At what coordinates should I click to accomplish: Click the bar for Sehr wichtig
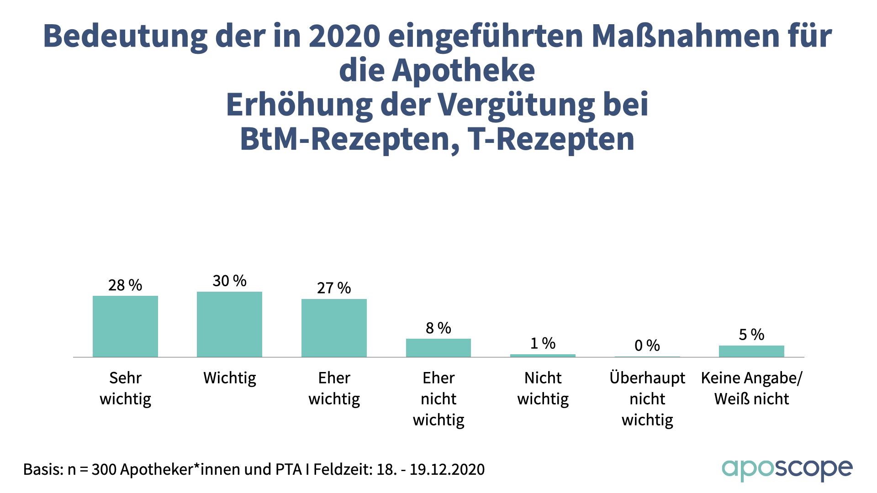click(x=125, y=326)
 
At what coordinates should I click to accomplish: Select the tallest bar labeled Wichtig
click(x=229, y=324)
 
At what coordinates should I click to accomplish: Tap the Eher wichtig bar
click(x=334, y=328)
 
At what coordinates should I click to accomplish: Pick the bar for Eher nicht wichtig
click(x=438, y=347)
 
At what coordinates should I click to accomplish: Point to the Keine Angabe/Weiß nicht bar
click(x=751, y=351)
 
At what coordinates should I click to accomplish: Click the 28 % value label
click(x=125, y=285)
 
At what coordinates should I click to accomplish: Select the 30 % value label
click(x=229, y=281)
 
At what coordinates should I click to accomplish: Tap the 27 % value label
click(x=334, y=288)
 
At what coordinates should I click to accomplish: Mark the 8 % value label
click(x=438, y=328)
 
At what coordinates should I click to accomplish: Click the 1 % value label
click(x=543, y=343)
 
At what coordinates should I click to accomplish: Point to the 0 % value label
click(x=647, y=346)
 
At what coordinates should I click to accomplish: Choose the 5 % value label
click(x=751, y=335)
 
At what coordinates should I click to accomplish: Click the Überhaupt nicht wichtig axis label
click(x=647, y=399)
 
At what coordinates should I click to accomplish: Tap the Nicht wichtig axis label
click(x=543, y=388)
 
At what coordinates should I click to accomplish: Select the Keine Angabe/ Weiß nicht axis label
click(x=751, y=388)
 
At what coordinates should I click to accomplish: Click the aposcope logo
click(x=787, y=469)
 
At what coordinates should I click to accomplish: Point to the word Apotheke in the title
click(x=463, y=71)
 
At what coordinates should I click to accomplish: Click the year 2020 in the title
click(x=344, y=36)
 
